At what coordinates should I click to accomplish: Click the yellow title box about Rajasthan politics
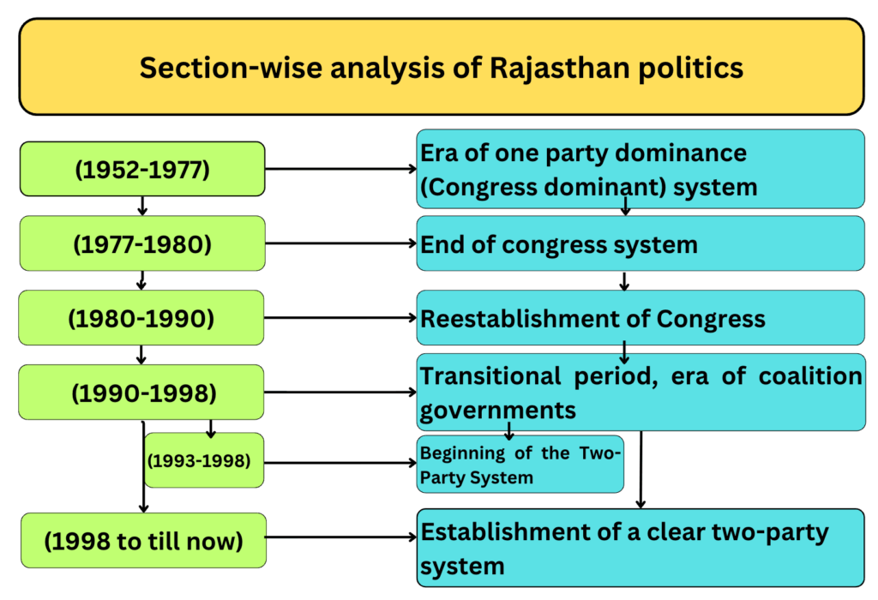pos(441,67)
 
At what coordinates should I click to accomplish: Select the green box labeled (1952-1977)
pos(142,170)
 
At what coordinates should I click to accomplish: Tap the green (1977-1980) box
pos(142,244)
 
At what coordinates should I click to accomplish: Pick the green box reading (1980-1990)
pos(142,319)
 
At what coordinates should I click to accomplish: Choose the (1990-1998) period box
pos(142,393)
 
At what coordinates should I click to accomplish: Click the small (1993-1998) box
pos(204,461)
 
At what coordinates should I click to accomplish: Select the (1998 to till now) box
pos(142,541)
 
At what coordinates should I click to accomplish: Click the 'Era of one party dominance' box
pos(640,170)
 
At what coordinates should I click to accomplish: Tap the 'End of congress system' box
pos(640,244)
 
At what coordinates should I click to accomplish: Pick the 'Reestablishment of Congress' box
pos(640,319)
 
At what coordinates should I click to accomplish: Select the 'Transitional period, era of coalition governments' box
pos(640,393)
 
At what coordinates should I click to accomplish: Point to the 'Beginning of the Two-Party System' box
pos(520,465)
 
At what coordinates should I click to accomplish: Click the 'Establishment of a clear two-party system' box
pos(640,548)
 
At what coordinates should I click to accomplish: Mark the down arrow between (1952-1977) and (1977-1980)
pos(142,206)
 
